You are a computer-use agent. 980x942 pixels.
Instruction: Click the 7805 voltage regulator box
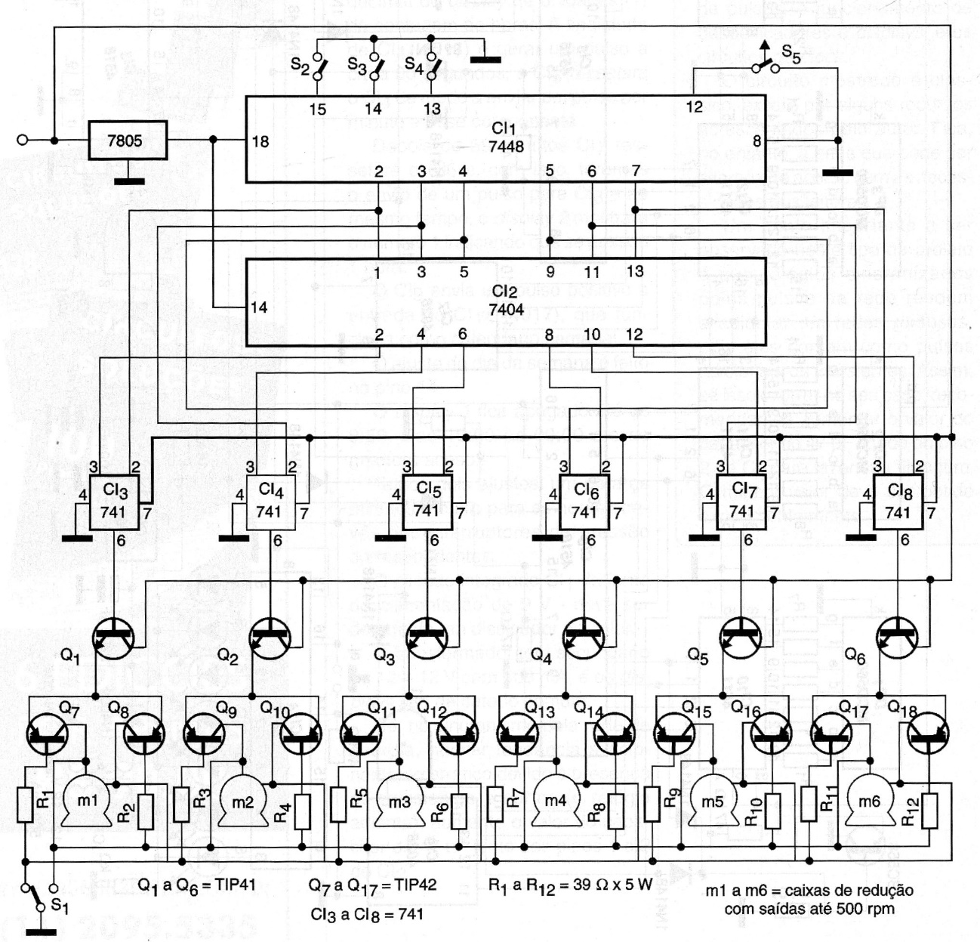pos(125,141)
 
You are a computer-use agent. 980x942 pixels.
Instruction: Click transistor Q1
pos(113,639)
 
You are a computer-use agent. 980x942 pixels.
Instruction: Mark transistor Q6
pos(899,639)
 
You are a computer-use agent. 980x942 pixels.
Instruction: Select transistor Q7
pos(47,732)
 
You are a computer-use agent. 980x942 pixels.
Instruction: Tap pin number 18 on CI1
pos(260,141)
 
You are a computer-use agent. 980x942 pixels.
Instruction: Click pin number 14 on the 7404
pos(259,307)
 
